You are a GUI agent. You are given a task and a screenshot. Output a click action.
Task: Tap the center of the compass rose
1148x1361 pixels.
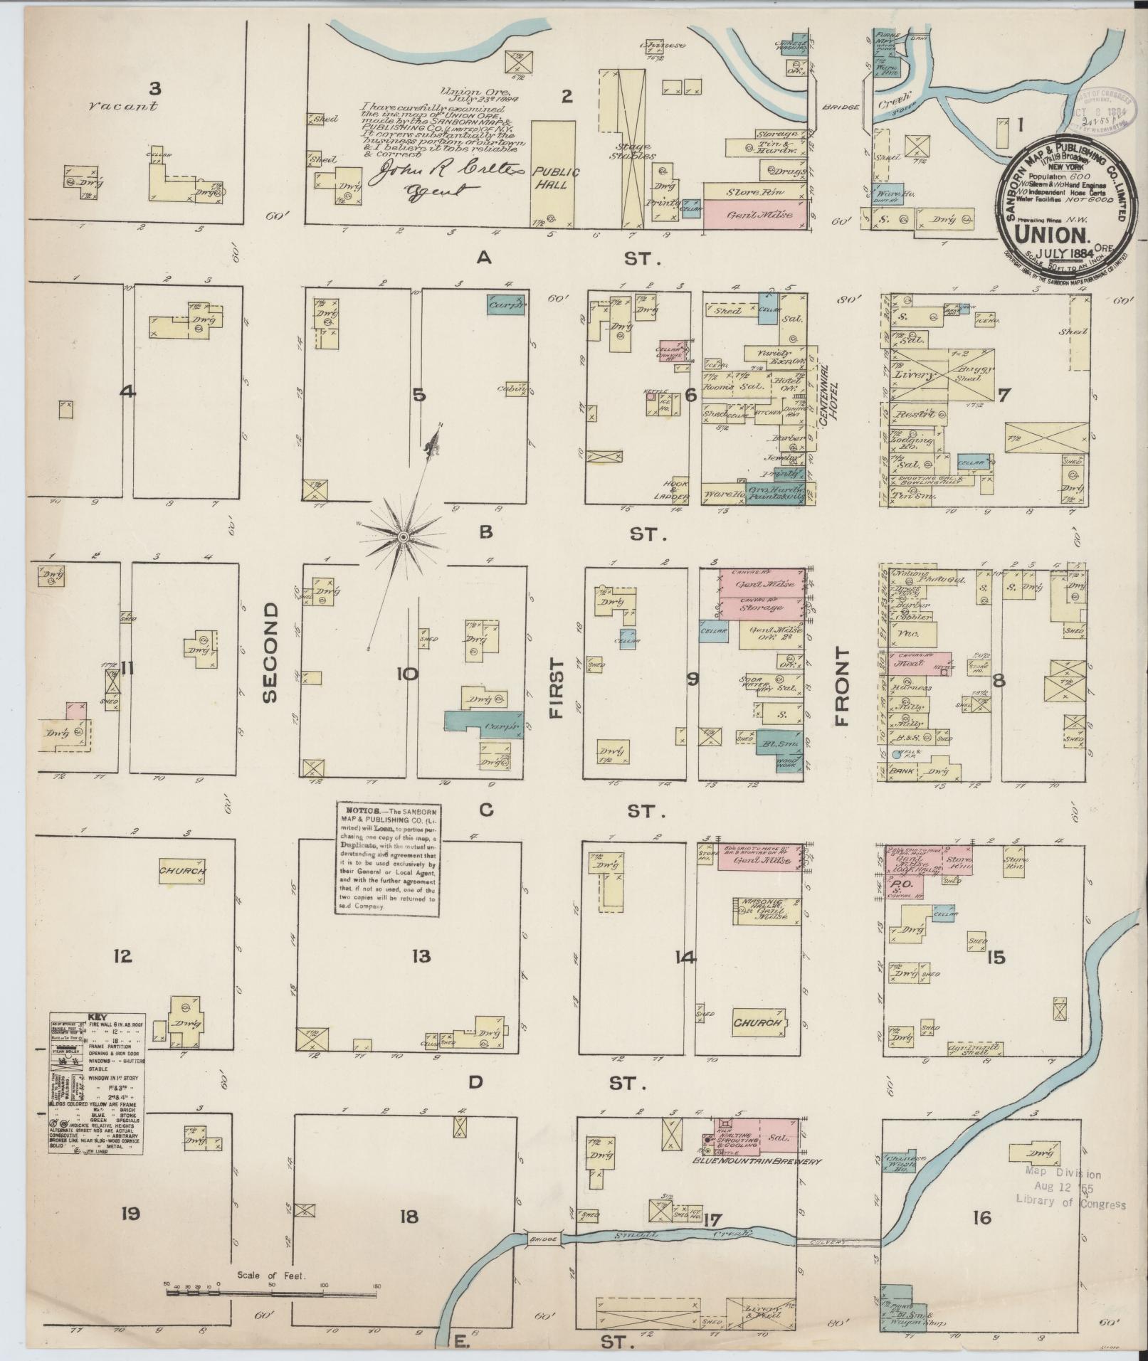404,536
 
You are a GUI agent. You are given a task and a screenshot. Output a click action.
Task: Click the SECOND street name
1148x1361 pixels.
270,652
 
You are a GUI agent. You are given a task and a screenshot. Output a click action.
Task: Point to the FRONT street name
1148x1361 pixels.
843,686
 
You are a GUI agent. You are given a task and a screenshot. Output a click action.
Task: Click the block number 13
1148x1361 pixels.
421,956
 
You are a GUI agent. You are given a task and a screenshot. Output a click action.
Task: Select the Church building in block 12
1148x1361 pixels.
182,871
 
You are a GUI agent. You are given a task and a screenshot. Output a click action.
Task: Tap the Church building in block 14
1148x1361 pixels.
759,1022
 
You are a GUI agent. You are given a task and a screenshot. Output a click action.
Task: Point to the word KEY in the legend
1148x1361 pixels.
95,1017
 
